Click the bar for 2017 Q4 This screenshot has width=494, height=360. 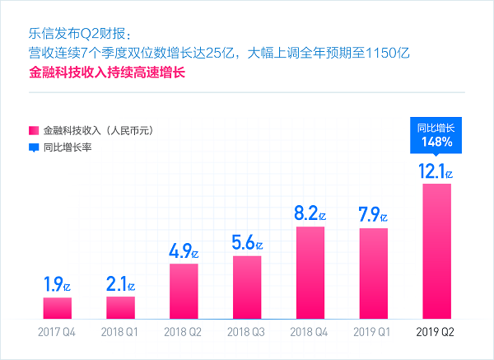58,307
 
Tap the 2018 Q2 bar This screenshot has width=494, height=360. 184,291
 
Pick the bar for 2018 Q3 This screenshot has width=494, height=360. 247,287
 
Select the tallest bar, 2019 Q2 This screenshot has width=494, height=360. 436,250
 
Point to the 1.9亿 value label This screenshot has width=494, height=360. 58,285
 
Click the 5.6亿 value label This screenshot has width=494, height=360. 247,243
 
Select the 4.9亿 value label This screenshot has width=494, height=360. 184,251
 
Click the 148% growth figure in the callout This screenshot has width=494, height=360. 436,142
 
